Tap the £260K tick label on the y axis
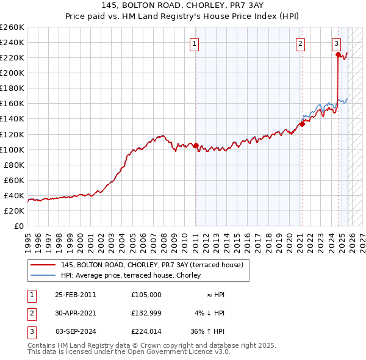pyautogui.click(x=12, y=27)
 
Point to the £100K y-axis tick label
pyautogui.click(x=12, y=149)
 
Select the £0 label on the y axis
pyautogui.click(x=18, y=226)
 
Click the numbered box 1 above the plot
pyautogui.click(x=195, y=43)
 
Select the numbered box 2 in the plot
pyautogui.click(x=301, y=43)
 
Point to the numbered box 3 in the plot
pyautogui.click(x=336, y=43)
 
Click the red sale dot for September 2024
pyautogui.click(x=337, y=54)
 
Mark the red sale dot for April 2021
pyautogui.click(x=302, y=124)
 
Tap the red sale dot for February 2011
pyautogui.click(x=196, y=146)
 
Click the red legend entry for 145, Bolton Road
pyautogui.click(x=152, y=265)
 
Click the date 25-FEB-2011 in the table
pyautogui.click(x=76, y=295)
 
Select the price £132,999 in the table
pyautogui.click(x=146, y=313)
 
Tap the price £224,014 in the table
pyautogui.click(x=146, y=331)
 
